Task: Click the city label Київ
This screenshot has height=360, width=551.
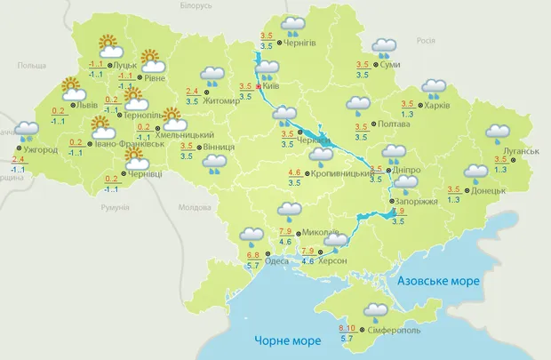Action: tap(273, 87)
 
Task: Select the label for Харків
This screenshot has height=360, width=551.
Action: tap(437, 106)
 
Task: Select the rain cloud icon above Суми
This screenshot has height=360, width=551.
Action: tap(384, 46)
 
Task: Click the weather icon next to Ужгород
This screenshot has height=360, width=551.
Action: tap(26, 132)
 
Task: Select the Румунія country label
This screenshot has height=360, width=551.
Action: tap(116, 207)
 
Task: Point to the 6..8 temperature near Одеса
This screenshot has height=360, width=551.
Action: tap(252, 256)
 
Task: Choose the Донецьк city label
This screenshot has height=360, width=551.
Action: tap(488, 190)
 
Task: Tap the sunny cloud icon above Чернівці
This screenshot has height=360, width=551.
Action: tap(135, 158)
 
